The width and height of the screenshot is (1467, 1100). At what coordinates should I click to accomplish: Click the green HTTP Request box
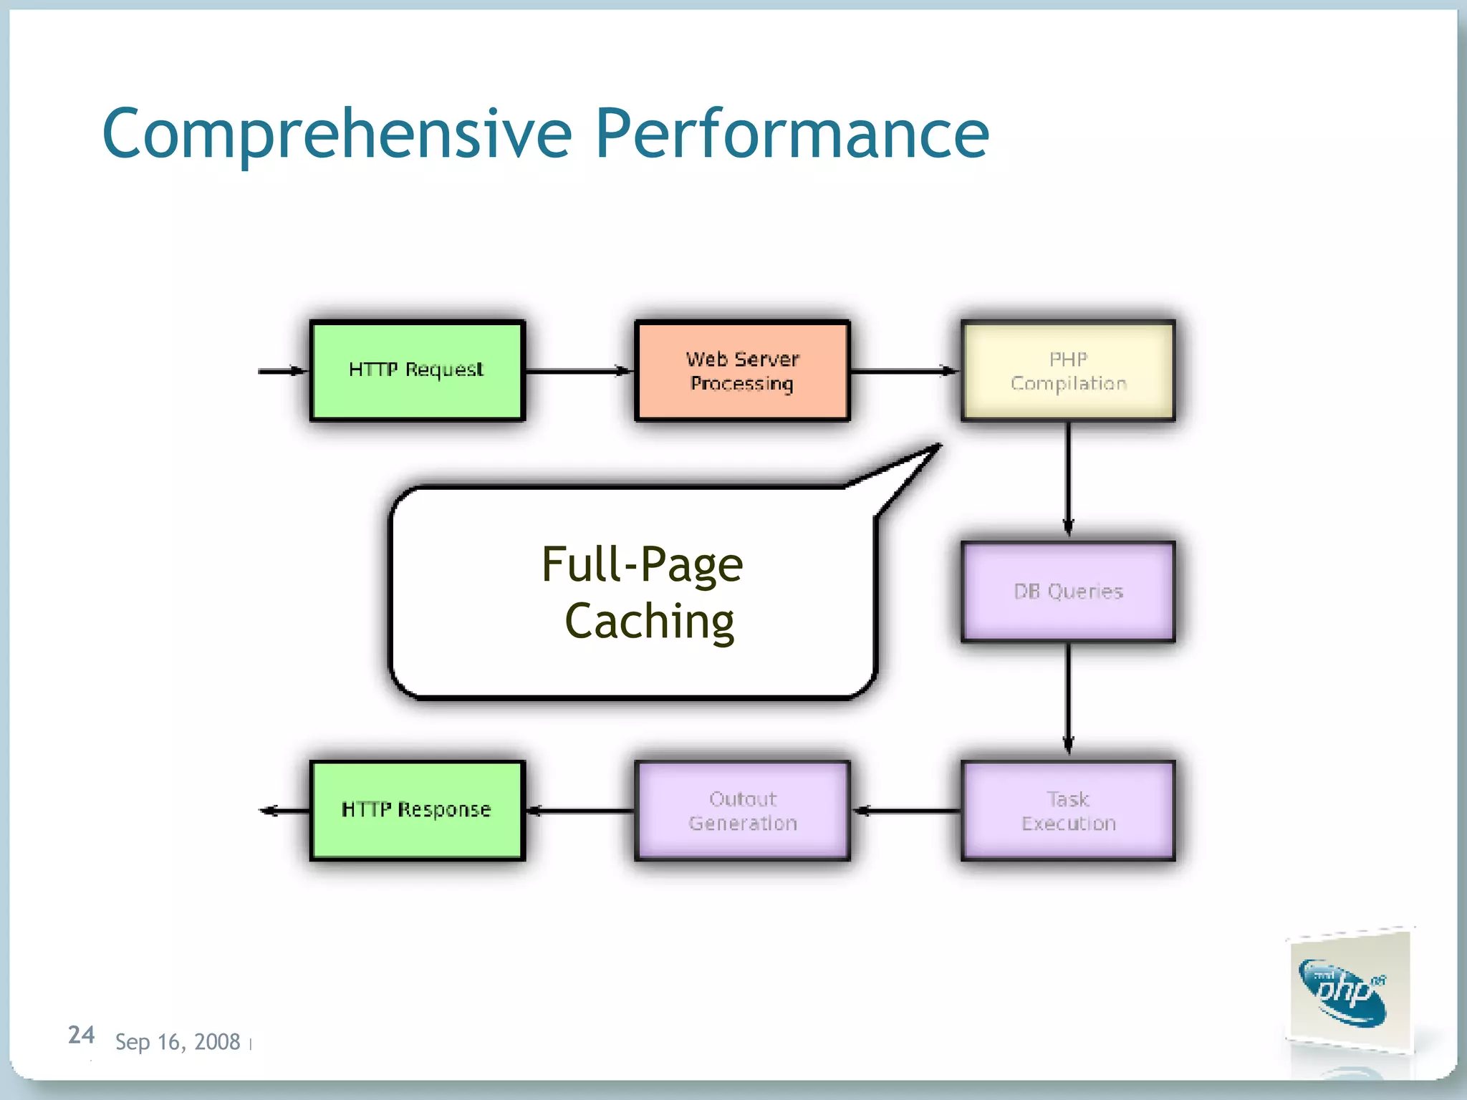pyautogui.click(x=417, y=370)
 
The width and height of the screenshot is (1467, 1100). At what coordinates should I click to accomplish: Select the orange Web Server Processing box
pyautogui.click(x=742, y=370)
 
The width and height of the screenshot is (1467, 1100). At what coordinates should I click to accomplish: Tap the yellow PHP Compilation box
pyautogui.click(x=1067, y=370)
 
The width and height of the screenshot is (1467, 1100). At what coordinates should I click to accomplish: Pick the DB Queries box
pyautogui.click(x=1067, y=591)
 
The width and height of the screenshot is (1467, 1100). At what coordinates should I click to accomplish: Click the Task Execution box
pyautogui.click(x=1067, y=811)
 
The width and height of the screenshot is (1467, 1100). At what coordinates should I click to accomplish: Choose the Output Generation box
pyautogui.click(x=742, y=811)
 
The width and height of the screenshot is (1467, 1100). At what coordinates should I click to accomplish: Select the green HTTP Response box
pyautogui.click(x=417, y=811)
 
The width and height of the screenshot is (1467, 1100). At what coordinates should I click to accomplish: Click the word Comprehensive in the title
pyautogui.click(x=337, y=134)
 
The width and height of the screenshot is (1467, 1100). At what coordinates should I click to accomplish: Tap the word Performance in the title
pyautogui.click(x=792, y=134)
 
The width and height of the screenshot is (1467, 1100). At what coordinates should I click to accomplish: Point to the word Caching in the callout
pyautogui.click(x=649, y=620)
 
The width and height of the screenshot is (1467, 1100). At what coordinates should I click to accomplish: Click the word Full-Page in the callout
pyautogui.click(x=642, y=564)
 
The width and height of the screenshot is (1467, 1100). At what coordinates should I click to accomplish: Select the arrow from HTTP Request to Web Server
pyautogui.click(x=579, y=371)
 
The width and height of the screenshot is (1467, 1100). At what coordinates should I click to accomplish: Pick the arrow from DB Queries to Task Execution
pyautogui.click(x=1067, y=698)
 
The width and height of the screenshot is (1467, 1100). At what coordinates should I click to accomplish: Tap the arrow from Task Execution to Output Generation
pyautogui.click(x=906, y=811)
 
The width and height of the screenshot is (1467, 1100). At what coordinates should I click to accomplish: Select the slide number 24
pyautogui.click(x=81, y=1035)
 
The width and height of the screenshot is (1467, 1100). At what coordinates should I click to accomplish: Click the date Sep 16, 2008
pyautogui.click(x=177, y=1042)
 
